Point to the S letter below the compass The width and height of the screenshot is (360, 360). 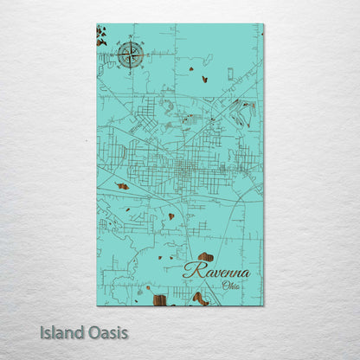click(x=132, y=73)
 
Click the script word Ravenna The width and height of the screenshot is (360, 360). click(x=216, y=271)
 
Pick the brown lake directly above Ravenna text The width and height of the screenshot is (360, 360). click(x=205, y=257)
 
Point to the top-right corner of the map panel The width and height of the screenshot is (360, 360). click(x=263, y=24)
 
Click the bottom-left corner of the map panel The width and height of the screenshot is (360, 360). click(x=97, y=305)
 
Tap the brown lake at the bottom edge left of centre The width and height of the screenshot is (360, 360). click(x=160, y=300)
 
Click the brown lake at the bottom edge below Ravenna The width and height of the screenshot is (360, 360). click(x=201, y=299)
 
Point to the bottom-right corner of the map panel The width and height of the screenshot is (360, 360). click(x=263, y=305)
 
